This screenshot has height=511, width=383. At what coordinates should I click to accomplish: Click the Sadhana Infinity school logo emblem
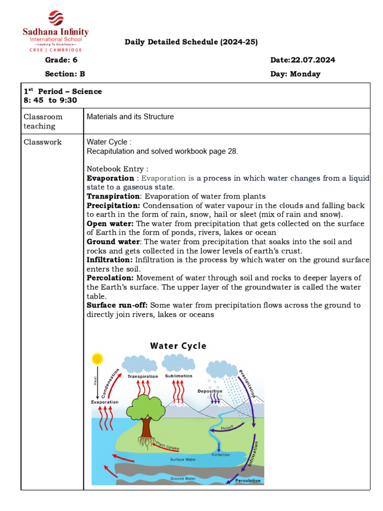55,18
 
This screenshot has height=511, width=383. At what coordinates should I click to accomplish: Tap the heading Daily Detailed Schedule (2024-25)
191,42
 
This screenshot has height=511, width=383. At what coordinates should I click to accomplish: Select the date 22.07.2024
303,60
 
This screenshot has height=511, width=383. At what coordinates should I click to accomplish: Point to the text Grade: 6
61,60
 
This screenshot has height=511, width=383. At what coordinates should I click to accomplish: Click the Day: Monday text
295,74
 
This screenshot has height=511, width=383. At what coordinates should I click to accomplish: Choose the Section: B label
65,74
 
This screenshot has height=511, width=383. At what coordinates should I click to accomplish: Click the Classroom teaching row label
43,121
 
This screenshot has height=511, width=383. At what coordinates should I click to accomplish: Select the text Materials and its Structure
130,117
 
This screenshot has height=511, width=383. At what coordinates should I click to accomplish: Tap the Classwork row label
43,142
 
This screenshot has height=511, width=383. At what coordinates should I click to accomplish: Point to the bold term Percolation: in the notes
110,277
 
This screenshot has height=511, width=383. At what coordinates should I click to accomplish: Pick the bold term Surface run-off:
117,305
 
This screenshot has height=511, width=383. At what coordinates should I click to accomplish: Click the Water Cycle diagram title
178,346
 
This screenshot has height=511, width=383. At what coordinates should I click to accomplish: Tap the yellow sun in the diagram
97,358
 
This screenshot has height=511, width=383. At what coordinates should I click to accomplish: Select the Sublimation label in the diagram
178,376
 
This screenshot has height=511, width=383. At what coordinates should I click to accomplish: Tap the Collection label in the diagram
220,455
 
